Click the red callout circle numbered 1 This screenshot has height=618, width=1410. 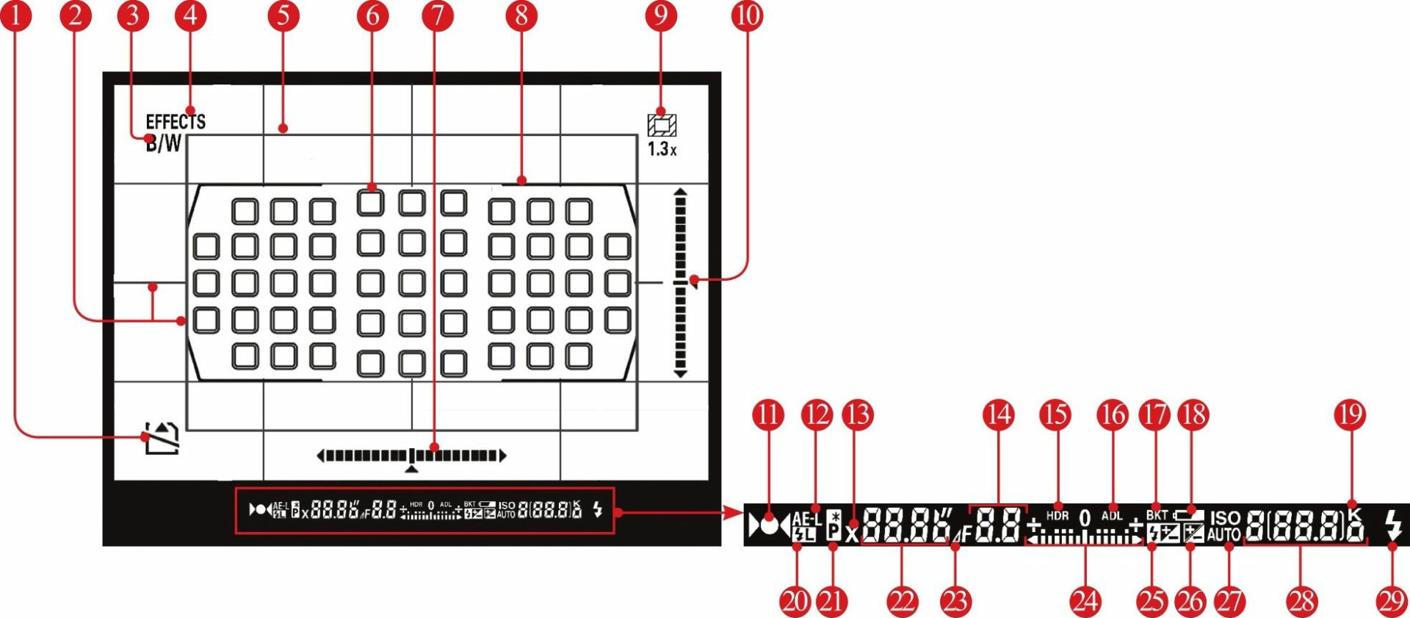(15, 16)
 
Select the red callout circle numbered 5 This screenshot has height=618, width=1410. (284, 16)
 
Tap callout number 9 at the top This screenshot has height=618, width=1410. (660, 16)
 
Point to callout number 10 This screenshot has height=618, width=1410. (747, 16)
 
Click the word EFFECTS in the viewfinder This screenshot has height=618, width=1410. (176, 121)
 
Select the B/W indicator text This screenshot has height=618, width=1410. (163, 143)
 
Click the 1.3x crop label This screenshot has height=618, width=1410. (662, 148)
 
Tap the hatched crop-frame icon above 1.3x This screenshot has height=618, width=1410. (662, 125)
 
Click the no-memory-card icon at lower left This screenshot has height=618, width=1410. (162, 438)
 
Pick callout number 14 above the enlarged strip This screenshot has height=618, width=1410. (998, 415)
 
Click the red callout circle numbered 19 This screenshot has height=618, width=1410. (1350, 415)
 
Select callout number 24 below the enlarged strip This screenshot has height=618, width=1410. (1085, 601)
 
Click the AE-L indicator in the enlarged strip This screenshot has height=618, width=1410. (806, 519)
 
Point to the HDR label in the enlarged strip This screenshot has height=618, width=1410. (1057, 516)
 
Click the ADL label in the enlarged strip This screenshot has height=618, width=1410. (1112, 516)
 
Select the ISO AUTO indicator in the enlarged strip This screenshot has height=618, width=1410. (1224, 526)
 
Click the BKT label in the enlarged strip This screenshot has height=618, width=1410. (1157, 516)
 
